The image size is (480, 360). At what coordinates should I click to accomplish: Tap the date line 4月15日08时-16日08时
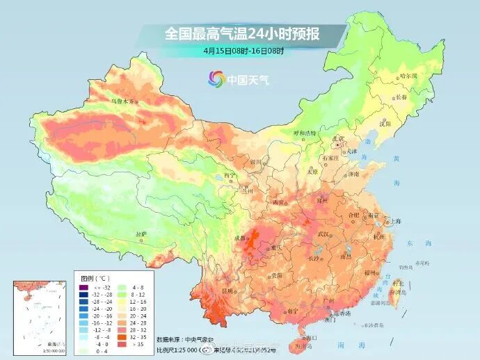pyautogui.click(x=244, y=51)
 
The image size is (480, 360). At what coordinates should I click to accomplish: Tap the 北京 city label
pyautogui.click(x=339, y=139)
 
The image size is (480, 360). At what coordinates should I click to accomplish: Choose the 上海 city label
pyautogui.click(x=395, y=221)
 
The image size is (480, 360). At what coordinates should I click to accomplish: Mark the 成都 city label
pyautogui.click(x=240, y=238)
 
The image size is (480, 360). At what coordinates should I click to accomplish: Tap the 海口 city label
pyautogui.click(x=310, y=337)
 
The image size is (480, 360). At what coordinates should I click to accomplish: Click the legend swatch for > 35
pyautogui.click(x=122, y=343)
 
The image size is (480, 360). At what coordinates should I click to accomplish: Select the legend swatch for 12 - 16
pyautogui.click(x=122, y=302)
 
